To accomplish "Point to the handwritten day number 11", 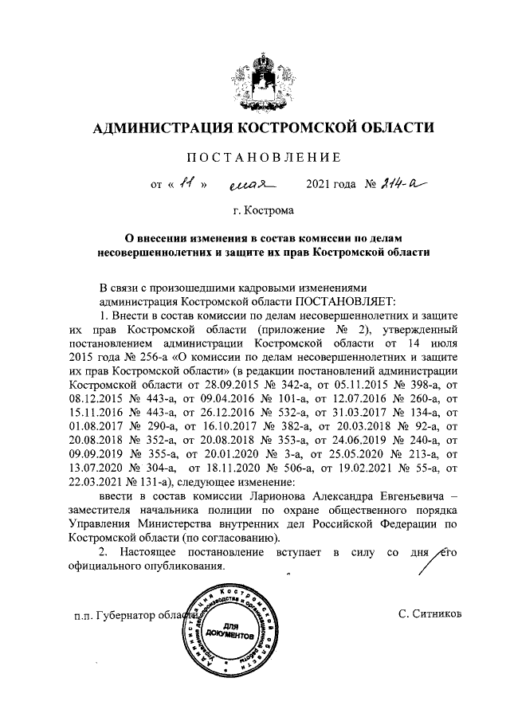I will (186, 185).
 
